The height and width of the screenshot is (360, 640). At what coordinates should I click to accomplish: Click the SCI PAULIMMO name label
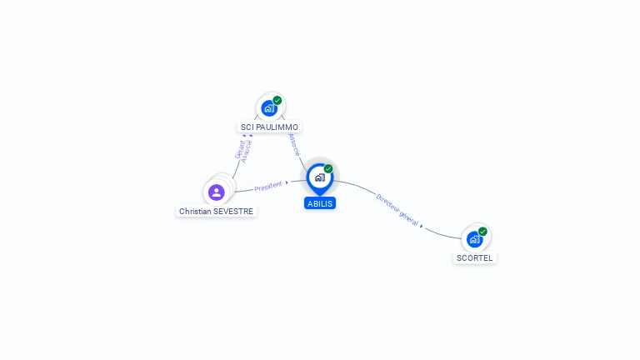(x=269, y=127)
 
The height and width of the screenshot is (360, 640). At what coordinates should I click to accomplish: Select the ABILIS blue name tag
(x=320, y=203)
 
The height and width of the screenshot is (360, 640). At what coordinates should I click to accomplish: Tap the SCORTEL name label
(x=475, y=258)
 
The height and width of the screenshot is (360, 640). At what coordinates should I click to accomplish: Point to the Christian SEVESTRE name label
(x=217, y=212)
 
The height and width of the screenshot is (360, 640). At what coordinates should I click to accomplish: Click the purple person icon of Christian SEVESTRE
(x=217, y=192)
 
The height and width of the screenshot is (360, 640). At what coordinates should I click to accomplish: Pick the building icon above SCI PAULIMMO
(x=268, y=107)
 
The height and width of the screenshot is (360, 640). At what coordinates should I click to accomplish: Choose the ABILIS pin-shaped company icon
(x=319, y=177)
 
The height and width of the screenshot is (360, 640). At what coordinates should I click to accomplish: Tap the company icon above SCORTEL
(x=474, y=239)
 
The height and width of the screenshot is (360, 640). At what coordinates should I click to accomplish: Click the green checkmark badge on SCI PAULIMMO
(x=277, y=100)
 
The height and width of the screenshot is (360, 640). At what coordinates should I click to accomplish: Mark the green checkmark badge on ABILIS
(x=328, y=168)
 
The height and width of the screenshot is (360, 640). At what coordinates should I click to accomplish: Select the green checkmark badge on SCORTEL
(x=482, y=232)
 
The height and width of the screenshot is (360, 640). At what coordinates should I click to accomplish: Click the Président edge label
(x=268, y=187)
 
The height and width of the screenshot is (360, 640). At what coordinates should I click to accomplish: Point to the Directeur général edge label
(x=397, y=209)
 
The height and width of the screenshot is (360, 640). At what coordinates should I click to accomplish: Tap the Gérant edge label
(x=239, y=149)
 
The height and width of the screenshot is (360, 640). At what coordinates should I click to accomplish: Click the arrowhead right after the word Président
(x=287, y=182)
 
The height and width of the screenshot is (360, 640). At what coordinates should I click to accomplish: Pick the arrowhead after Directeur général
(x=422, y=225)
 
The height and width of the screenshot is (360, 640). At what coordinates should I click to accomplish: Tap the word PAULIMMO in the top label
(x=277, y=127)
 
